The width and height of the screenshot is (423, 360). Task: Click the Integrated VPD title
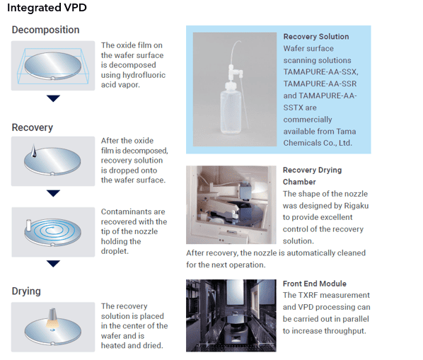(x=47, y=8)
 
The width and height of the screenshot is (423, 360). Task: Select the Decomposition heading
(x=45, y=30)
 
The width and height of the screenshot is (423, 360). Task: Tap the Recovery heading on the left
(x=33, y=127)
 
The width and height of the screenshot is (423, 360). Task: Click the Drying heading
(x=26, y=291)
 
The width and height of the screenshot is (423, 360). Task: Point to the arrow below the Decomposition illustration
(x=53, y=98)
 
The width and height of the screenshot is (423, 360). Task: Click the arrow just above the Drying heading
(x=53, y=264)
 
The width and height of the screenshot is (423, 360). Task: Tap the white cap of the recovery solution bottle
(x=231, y=86)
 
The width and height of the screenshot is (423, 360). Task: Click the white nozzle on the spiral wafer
(x=28, y=226)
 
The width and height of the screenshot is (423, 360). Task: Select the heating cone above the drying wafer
(x=52, y=318)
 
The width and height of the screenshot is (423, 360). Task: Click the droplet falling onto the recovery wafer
(x=34, y=151)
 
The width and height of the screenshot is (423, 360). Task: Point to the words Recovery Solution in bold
(x=316, y=36)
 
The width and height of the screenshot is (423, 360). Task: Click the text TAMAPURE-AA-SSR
(x=320, y=83)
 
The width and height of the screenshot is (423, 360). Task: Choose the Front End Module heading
(x=315, y=284)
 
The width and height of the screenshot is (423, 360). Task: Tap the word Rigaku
(x=357, y=206)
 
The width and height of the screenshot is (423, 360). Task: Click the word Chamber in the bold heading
(x=299, y=182)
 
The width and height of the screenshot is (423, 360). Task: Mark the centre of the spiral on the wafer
(x=51, y=230)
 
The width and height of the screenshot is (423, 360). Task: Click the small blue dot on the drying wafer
(x=52, y=330)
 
